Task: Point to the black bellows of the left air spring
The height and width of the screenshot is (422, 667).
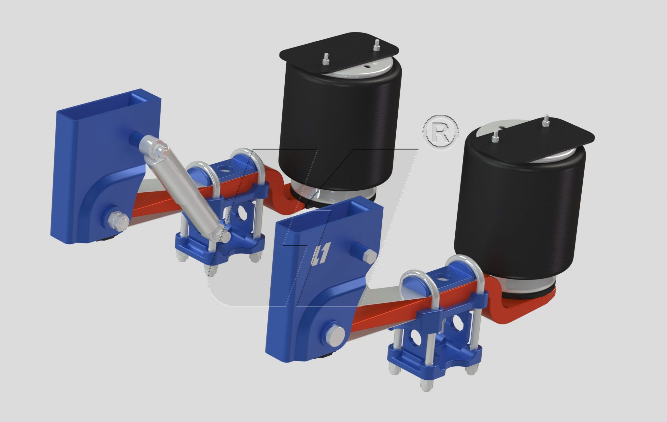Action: (x=339, y=130)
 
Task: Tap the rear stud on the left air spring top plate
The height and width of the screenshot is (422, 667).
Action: (x=376, y=45)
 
